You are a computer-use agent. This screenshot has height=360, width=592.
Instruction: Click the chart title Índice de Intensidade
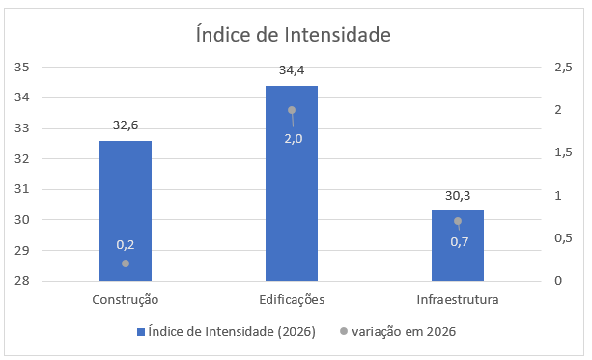[x=293, y=34]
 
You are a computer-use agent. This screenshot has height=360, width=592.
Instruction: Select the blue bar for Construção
[x=126, y=210]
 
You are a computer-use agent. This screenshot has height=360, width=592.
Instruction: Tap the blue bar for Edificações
[x=292, y=183]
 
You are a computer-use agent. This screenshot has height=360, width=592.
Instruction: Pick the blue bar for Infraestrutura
[x=458, y=246]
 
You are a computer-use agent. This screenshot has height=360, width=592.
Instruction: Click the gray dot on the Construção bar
[x=126, y=263]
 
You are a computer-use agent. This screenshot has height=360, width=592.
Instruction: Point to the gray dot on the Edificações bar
[x=292, y=110]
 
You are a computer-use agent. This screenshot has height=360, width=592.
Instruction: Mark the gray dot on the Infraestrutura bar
[x=458, y=221]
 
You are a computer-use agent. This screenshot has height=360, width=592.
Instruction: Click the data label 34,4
[x=292, y=70]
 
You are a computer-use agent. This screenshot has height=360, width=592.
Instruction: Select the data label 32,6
[x=126, y=125]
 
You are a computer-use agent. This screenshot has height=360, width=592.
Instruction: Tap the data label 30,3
[x=458, y=196]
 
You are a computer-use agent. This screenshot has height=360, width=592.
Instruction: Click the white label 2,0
[x=294, y=139]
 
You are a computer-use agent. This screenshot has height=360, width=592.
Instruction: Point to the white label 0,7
[x=460, y=242]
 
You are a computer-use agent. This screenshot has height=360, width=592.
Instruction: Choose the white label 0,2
[x=126, y=245]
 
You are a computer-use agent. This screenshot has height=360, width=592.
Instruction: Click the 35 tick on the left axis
[x=21, y=68]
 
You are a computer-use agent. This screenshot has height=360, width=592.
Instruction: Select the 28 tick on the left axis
[x=21, y=281]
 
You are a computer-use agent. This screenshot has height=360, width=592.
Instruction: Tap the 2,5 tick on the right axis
[x=563, y=68]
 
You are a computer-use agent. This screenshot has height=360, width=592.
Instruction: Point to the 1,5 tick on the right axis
[x=563, y=152]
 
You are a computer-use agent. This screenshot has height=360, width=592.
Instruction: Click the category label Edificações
[x=292, y=299]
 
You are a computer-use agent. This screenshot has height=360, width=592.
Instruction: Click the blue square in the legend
[x=141, y=332]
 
